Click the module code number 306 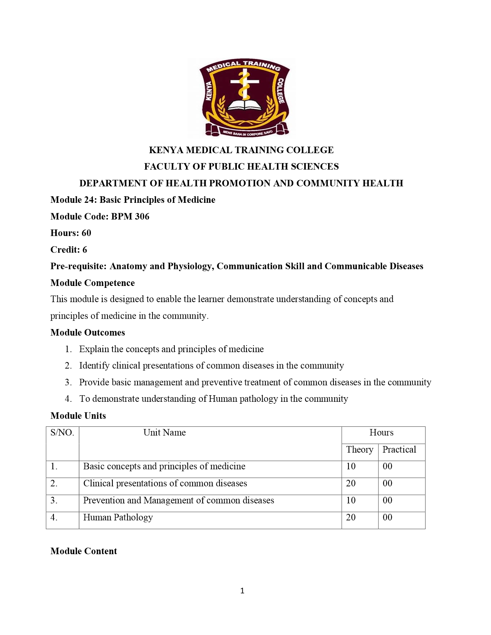pyautogui.click(x=142, y=217)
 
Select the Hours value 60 pyautogui.click(x=86, y=233)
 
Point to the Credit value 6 pyautogui.click(x=85, y=250)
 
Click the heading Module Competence pyautogui.click(x=92, y=283)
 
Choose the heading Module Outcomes pyautogui.click(x=87, y=333)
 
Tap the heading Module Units pyautogui.click(x=78, y=416)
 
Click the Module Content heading pyautogui.click(x=84, y=551)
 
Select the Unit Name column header pyautogui.click(x=164, y=433)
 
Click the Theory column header pyautogui.click(x=359, y=450)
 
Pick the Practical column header pyautogui.click(x=399, y=450)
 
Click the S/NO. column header pyautogui.click(x=62, y=433)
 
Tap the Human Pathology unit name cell pyautogui.click(x=118, y=518)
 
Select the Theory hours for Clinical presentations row pyautogui.click(x=351, y=483)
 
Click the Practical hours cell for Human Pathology pyautogui.click(x=387, y=518)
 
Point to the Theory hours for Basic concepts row pyautogui.click(x=351, y=466)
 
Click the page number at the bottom pyautogui.click(x=242, y=591)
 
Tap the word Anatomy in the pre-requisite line pyautogui.click(x=127, y=266)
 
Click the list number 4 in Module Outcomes pyautogui.click(x=68, y=399)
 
